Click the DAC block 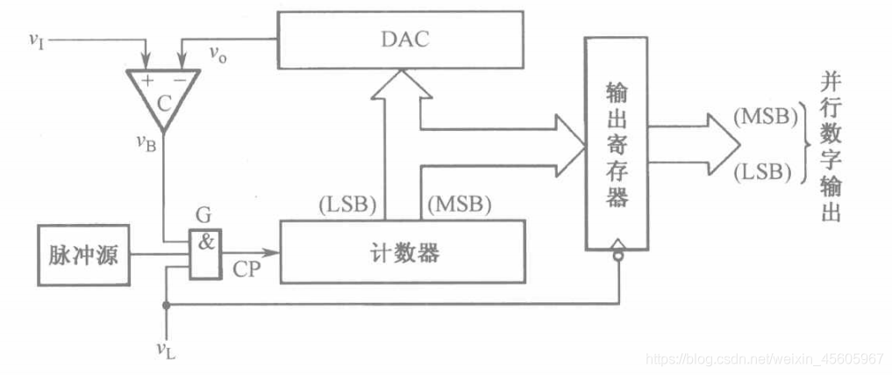(x=400, y=40)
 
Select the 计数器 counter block (x=402, y=252)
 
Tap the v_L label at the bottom (x=164, y=350)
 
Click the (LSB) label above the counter (x=348, y=205)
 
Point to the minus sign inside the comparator (x=178, y=80)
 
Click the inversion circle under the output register (x=618, y=257)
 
